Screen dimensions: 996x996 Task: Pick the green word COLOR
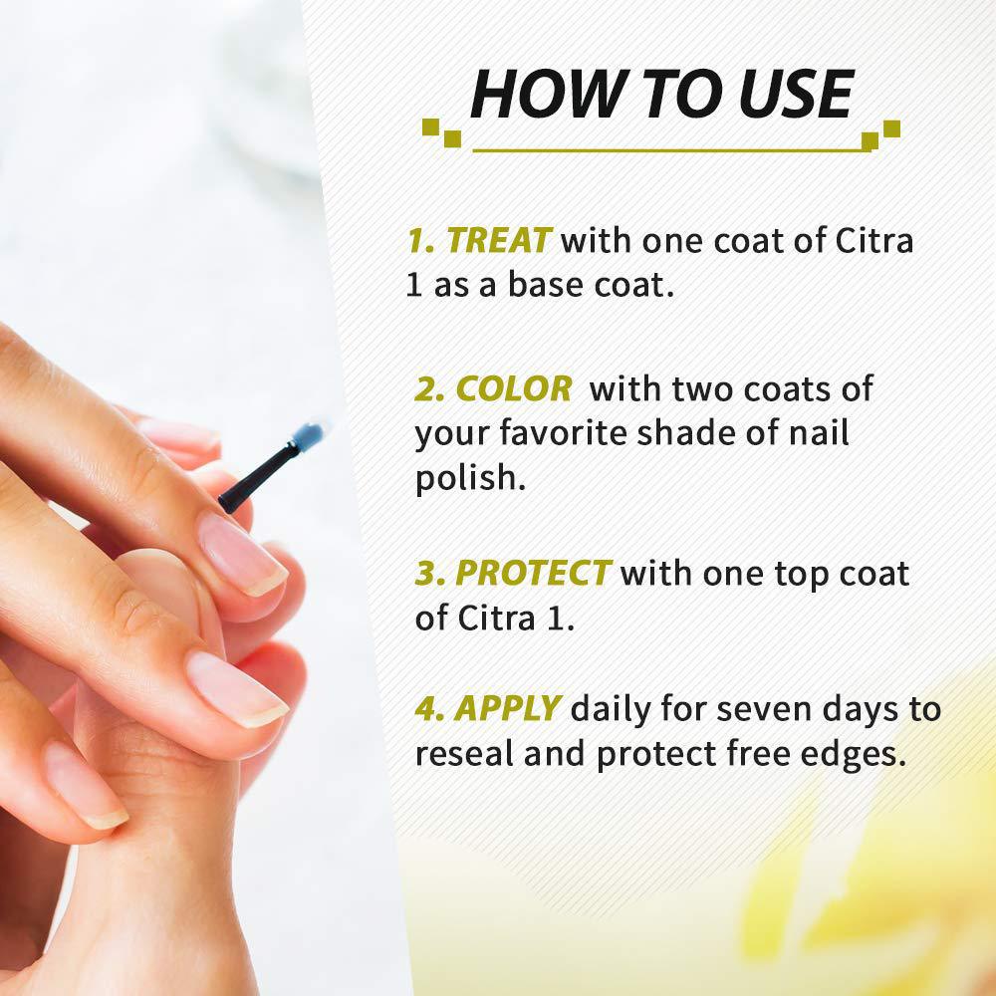514,388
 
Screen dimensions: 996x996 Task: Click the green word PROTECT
533,573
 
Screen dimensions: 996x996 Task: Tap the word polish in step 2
471,478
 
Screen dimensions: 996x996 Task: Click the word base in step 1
545,285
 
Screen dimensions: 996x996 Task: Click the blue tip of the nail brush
309,436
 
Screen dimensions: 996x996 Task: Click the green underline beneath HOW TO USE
669,150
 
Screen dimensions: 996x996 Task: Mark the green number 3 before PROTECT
428,573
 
